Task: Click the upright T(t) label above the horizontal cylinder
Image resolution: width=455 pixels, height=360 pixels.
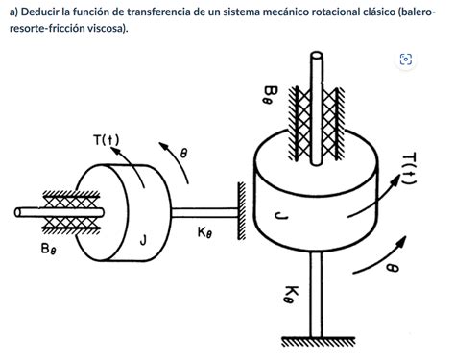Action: [x=107, y=141]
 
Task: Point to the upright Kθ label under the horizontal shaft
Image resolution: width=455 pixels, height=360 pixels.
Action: [x=206, y=231]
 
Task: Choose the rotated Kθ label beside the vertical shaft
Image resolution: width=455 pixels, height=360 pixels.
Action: [x=292, y=292]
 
